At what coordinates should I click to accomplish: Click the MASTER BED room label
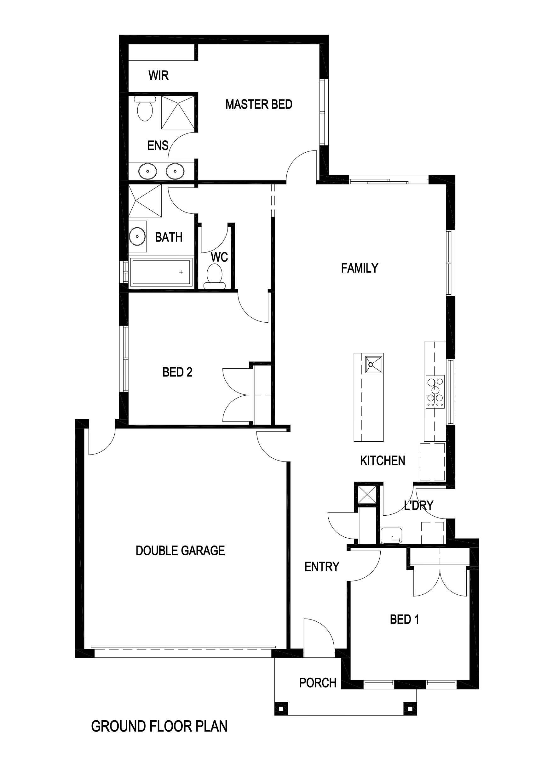coord(259,105)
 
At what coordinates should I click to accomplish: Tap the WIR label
coord(158,75)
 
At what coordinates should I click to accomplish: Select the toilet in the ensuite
coord(145,109)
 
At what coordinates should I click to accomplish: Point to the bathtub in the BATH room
coord(161,271)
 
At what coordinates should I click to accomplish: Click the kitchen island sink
coord(373,364)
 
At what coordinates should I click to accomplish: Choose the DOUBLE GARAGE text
coord(180,550)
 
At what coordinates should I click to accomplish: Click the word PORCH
coord(318,683)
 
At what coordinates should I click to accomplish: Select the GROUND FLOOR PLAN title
coord(159,726)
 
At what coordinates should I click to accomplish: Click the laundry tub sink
coord(392,535)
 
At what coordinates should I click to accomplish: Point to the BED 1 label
coord(405,620)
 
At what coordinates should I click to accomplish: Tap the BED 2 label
coord(177,372)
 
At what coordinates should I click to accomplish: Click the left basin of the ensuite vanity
coord(147,171)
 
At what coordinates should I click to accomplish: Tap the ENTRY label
coord(322,567)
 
